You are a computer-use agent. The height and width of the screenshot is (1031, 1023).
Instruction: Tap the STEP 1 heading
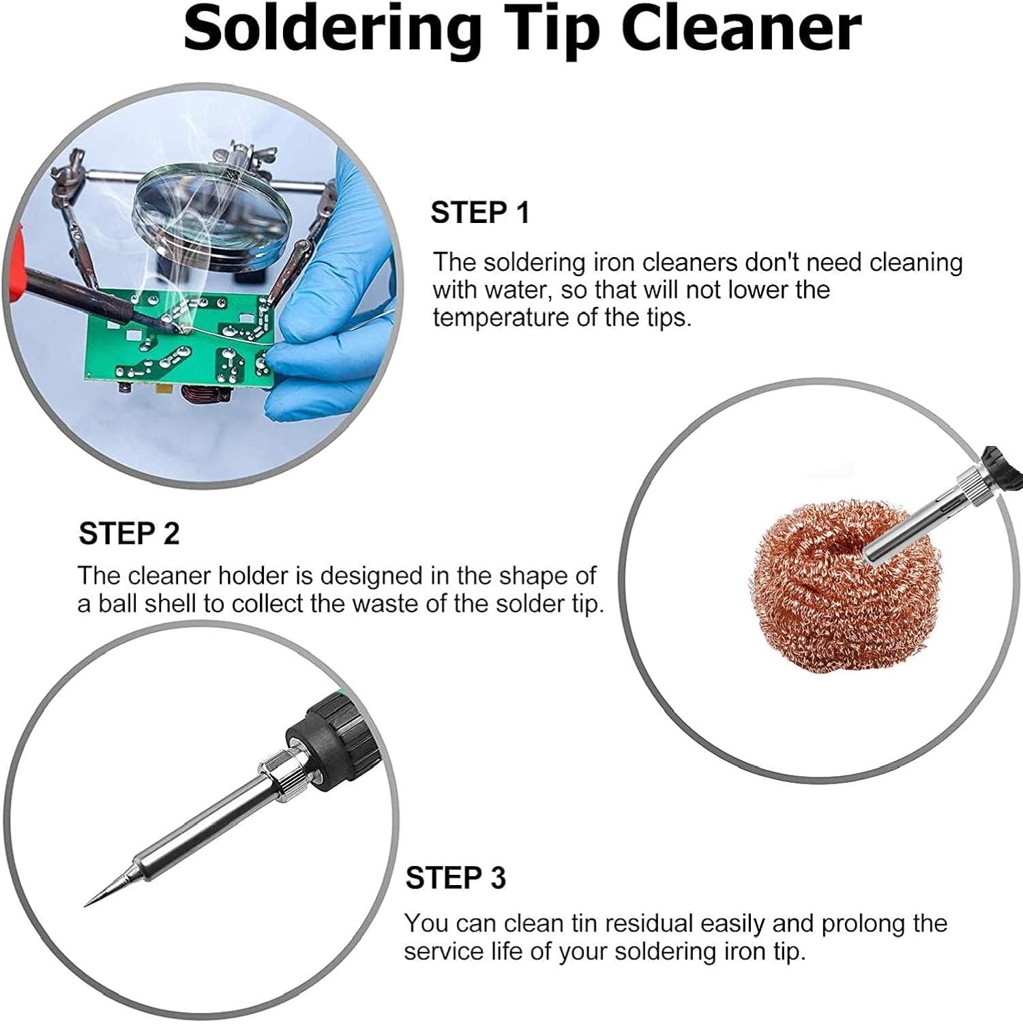[x=480, y=213]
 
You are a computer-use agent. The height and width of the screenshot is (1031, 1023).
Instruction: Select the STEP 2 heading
[x=129, y=533]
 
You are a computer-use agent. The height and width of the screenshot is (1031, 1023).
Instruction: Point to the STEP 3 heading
[x=456, y=878]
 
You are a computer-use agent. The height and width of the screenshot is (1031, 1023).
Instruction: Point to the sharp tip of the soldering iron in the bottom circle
[x=86, y=905]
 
